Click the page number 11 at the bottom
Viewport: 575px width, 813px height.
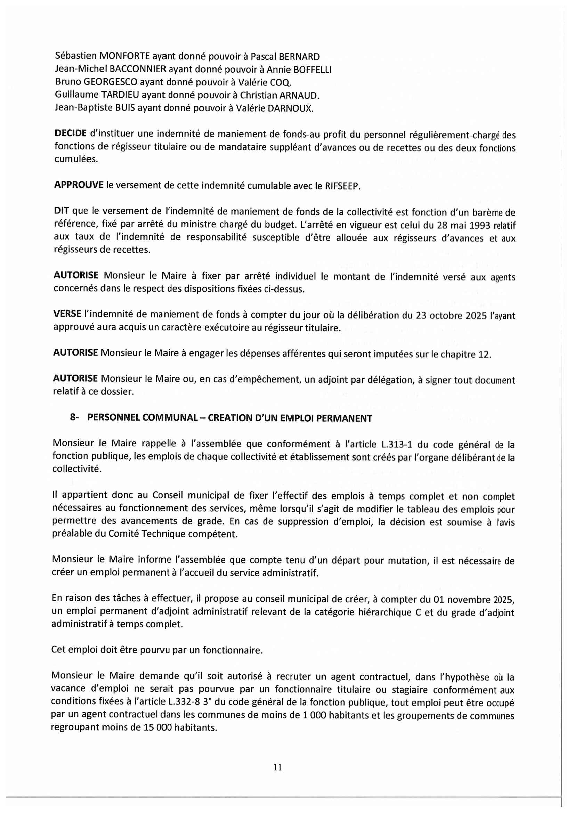pos(277,767)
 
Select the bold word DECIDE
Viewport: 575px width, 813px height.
pos(71,133)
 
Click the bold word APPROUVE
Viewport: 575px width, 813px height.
pos(79,185)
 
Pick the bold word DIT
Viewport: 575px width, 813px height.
pos(62,211)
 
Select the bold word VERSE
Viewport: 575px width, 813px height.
pos(67,314)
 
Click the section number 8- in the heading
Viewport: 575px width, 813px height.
pos(74,417)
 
